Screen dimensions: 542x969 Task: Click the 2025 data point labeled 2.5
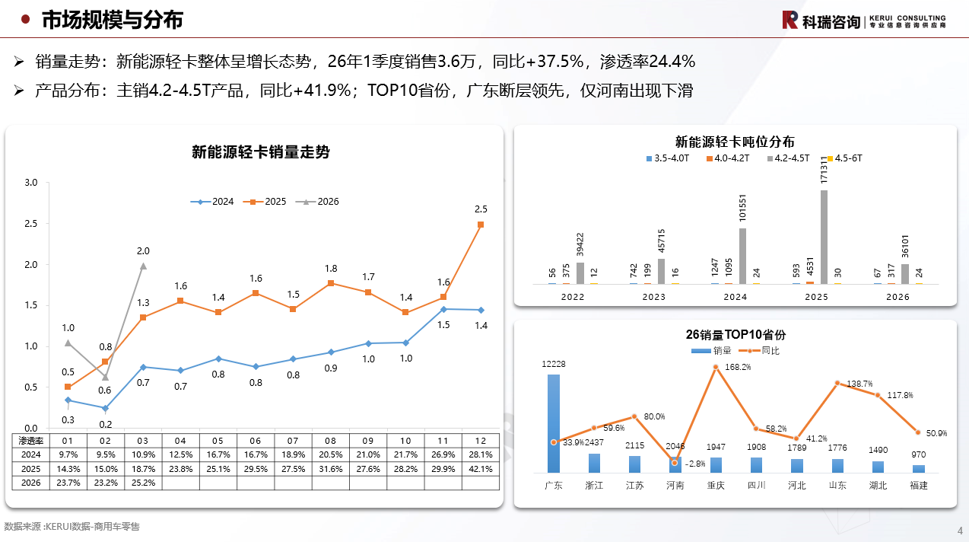pyautogui.click(x=480, y=225)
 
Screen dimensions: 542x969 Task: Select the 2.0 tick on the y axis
pyautogui.click(x=31, y=265)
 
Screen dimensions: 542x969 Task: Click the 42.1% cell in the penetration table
pyautogui.click(x=480, y=468)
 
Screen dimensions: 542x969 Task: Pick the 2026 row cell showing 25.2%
pyautogui.click(x=143, y=482)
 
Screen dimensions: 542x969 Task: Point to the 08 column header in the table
pyautogui.click(x=330, y=441)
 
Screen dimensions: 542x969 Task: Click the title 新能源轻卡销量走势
pyautogui.click(x=260, y=152)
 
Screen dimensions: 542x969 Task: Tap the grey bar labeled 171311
pyautogui.click(x=824, y=237)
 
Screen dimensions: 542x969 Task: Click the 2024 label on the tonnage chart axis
pyautogui.click(x=735, y=297)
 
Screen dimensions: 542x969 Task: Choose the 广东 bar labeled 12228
pyautogui.click(x=553, y=423)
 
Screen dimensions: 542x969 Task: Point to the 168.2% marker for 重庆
pyautogui.click(x=716, y=367)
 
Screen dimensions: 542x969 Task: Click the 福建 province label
pyautogui.click(x=918, y=485)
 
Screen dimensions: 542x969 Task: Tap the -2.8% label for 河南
pyautogui.click(x=694, y=464)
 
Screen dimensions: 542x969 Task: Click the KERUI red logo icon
pyautogui.click(x=790, y=20)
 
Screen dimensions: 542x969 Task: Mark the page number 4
pyautogui.click(x=959, y=531)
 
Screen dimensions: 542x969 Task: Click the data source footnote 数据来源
pyautogui.click(x=72, y=526)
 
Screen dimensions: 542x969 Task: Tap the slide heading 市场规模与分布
pyautogui.click(x=112, y=20)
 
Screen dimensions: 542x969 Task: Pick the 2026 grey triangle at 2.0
pyautogui.click(x=143, y=266)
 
